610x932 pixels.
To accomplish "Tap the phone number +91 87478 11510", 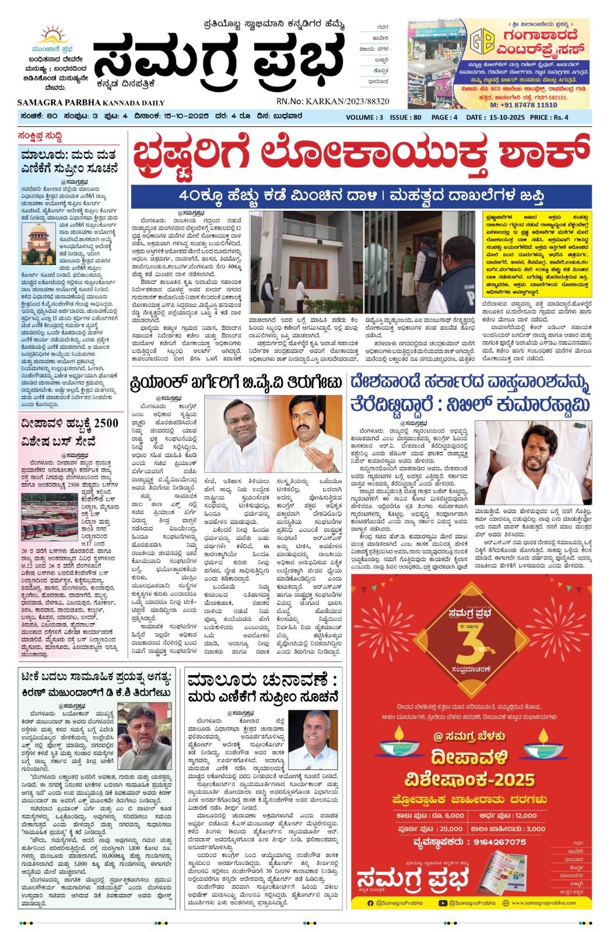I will click(x=523, y=105).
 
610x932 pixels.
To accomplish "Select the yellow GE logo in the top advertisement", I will click(x=482, y=40).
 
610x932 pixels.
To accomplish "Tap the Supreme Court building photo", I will click(x=38, y=244).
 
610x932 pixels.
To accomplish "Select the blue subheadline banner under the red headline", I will click(x=361, y=196).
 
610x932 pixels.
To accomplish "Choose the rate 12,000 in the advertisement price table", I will click(x=525, y=815).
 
